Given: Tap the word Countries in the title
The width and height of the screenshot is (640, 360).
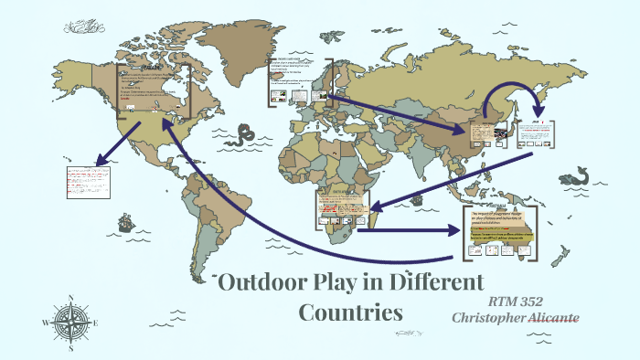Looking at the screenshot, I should [351, 312].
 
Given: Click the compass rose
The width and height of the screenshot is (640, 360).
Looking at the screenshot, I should [68, 321].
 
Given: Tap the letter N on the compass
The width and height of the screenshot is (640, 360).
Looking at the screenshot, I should [69, 298].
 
